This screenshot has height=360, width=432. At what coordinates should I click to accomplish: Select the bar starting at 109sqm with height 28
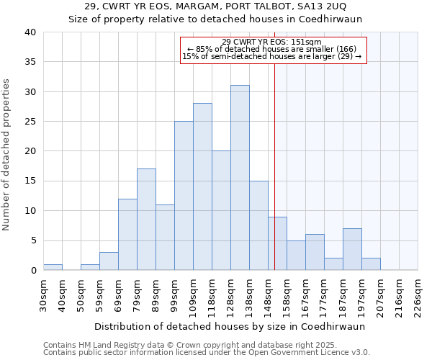point(202,186)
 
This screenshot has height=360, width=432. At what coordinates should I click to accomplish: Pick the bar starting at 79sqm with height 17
point(146,220)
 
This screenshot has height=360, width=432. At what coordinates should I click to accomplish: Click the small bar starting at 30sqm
point(53,267)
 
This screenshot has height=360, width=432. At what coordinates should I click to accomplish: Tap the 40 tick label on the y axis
point(30,32)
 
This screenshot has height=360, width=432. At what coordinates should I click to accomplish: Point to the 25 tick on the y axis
point(30,122)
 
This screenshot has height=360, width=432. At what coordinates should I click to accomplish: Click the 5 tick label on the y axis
point(32,240)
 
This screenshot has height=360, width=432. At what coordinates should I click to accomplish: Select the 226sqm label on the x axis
point(418,296)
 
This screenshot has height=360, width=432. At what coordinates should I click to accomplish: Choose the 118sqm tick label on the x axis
point(212,296)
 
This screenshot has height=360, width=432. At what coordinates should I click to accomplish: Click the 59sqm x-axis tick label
point(99,296)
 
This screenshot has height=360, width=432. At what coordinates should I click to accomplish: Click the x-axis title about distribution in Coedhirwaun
point(230,326)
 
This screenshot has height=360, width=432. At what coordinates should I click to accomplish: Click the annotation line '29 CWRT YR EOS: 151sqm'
point(272,42)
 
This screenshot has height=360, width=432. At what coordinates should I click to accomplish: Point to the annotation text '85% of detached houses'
point(272,49)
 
